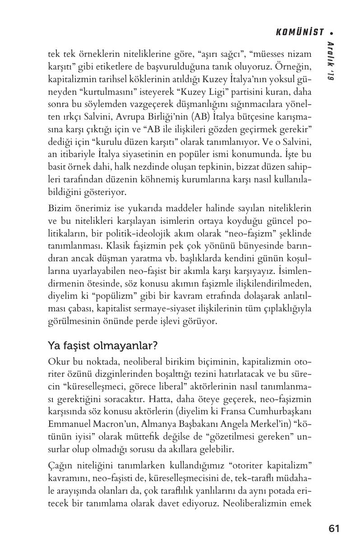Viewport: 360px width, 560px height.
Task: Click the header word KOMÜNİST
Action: coord(300,32)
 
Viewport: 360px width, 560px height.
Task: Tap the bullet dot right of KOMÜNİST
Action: coord(332,32)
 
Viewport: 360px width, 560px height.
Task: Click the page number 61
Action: coord(334,528)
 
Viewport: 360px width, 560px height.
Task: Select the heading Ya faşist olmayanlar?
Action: coord(102,346)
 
